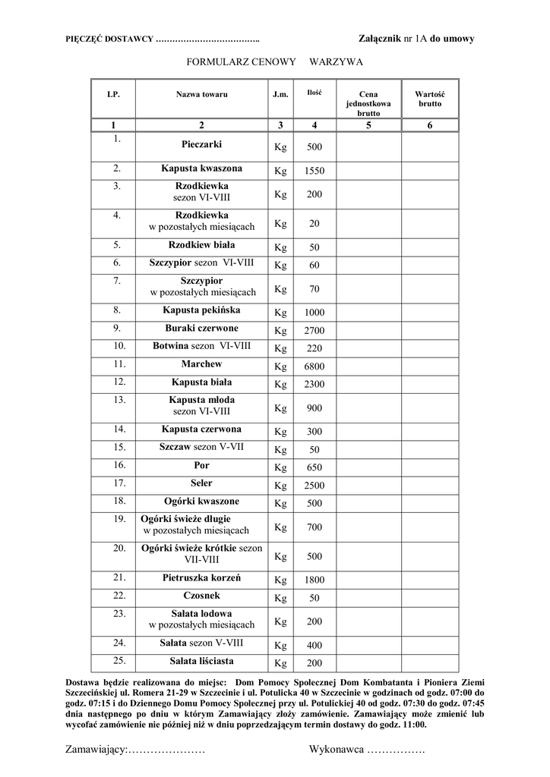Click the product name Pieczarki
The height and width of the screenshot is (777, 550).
[x=201, y=143]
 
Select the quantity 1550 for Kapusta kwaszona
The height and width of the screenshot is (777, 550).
[x=315, y=171]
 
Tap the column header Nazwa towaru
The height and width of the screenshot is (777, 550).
[x=201, y=95]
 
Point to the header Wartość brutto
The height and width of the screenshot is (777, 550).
[x=429, y=99]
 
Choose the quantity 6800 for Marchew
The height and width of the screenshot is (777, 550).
[x=315, y=367]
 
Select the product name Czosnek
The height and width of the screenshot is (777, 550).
[x=201, y=595]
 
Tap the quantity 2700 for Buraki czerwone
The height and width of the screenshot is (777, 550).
[x=315, y=331]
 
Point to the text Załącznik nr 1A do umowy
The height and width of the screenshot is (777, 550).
[x=416, y=38]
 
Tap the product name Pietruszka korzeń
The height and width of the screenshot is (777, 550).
[x=201, y=577]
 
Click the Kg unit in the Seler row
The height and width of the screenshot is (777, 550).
[x=281, y=486]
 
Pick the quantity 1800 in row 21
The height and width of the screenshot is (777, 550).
[x=315, y=580]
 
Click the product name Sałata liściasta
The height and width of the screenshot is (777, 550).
[x=201, y=660]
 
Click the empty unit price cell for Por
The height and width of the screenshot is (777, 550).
[x=368, y=466]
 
